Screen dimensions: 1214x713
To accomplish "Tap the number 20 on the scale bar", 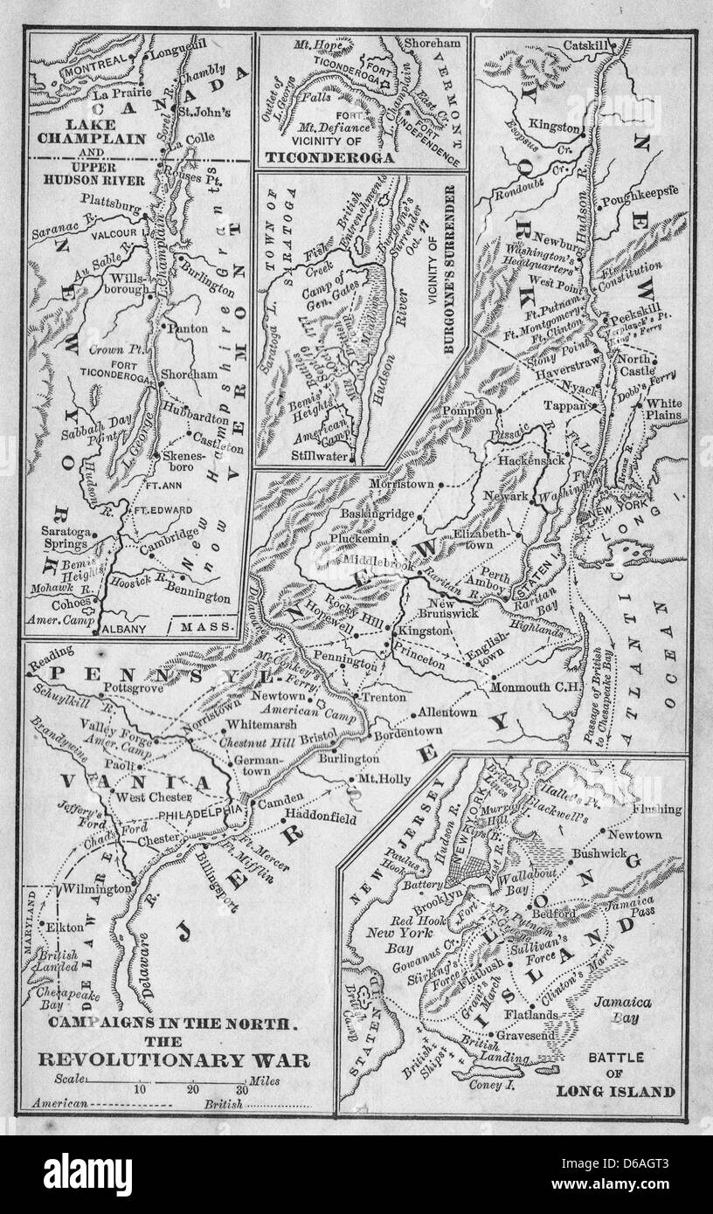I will click(193, 1090).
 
